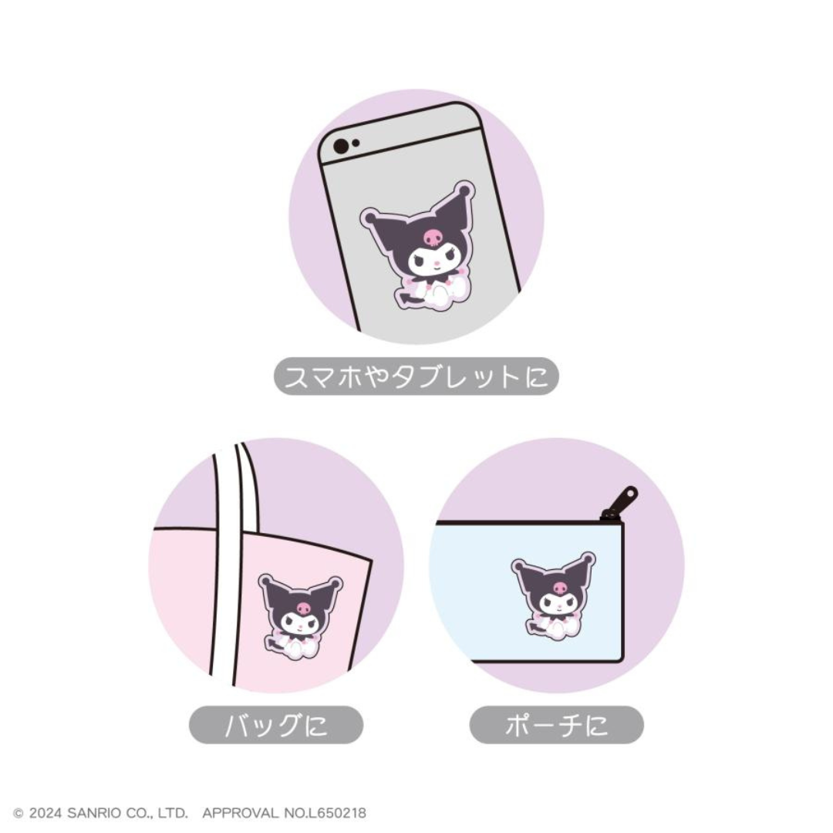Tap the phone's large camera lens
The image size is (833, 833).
[x=340, y=146]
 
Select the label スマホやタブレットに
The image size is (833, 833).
[x=416, y=377]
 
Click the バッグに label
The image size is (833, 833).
[x=275, y=725]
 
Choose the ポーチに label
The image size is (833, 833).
[x=556, y=725]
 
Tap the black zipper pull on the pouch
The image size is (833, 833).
[x=620, y=502]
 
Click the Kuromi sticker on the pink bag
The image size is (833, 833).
[x=300, y=615]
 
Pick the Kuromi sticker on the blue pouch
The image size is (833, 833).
[x=553, y=592]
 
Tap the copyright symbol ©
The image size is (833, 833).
[x=19, y=813]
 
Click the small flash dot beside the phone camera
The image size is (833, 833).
[x=356, y=143]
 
